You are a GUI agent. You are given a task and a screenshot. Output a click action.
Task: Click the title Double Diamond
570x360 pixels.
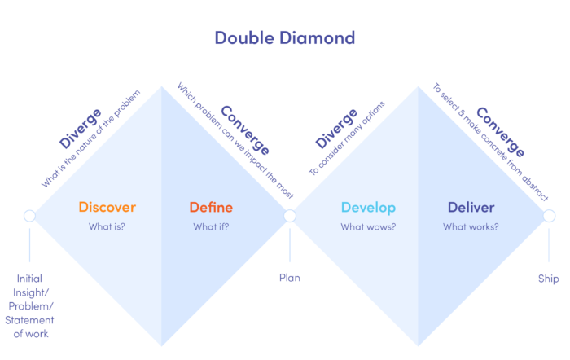(285, 37)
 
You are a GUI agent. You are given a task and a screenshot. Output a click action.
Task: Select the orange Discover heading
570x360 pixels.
(107, 207)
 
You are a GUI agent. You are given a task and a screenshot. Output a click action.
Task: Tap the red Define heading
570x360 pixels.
(211, 207)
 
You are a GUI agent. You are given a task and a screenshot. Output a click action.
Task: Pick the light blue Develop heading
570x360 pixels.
(368, 207)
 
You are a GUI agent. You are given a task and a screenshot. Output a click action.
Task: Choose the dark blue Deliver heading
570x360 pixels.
(471, 207)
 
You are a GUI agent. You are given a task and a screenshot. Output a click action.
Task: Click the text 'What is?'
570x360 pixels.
(107, 226)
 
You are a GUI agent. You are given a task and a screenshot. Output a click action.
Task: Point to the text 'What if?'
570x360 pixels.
(211, 226)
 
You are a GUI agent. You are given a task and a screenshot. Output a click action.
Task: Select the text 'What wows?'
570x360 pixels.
(368, 226)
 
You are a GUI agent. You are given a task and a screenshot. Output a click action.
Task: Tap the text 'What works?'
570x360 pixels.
(471, 226)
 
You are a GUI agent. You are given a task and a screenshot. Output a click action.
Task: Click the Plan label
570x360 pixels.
(289, 278)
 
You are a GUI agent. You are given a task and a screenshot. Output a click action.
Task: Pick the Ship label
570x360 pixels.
(548, 279)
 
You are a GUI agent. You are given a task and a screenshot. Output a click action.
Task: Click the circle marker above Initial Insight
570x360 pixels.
(29, 216)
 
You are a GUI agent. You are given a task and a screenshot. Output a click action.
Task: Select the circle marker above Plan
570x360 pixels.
(289, 216)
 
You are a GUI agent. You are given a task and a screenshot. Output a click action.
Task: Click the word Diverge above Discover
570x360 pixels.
(80, 128)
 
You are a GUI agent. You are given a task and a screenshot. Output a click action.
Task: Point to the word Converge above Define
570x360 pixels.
(245, 130)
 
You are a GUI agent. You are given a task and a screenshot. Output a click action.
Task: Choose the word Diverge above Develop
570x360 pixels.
(335, 128)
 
